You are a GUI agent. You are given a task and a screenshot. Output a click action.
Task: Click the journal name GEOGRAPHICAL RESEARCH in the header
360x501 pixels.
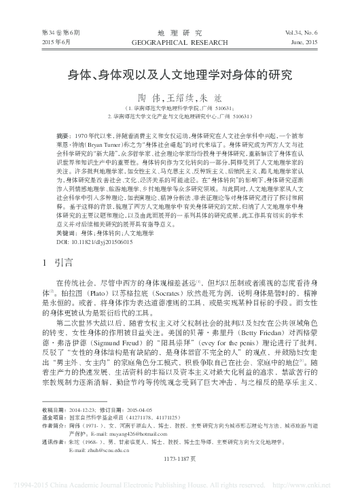coord(179,41)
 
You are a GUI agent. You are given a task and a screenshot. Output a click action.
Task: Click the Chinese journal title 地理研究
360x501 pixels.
coord(179,31)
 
